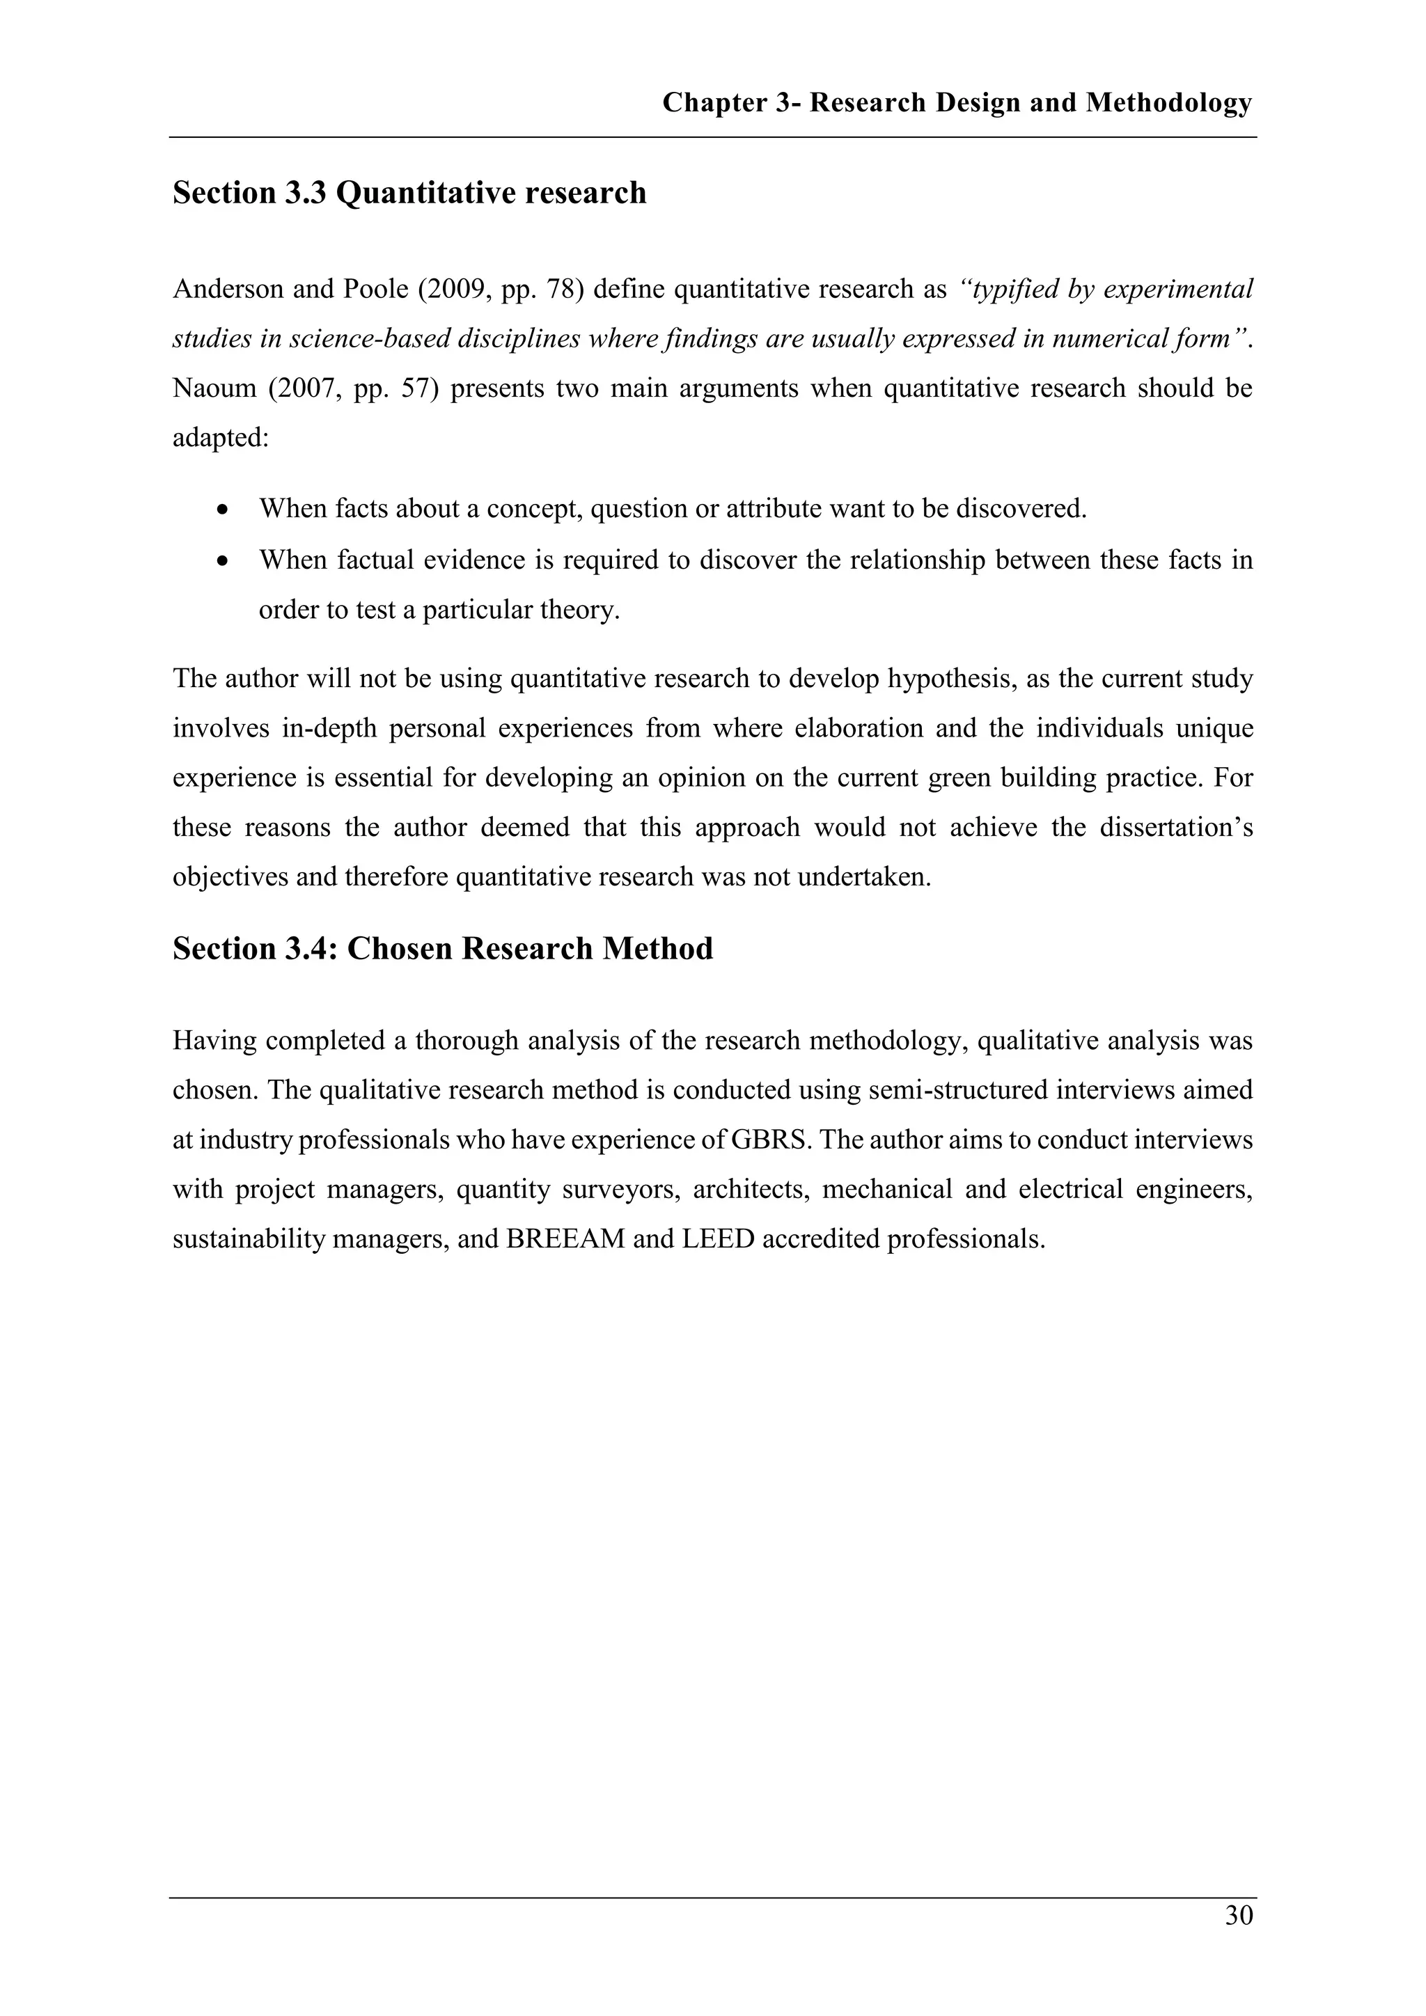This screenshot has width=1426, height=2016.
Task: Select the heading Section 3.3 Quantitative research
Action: pos(409,193)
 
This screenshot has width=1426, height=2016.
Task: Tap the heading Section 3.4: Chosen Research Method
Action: pos(443,949)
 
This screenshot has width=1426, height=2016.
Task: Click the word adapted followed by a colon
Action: pos(219,437)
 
